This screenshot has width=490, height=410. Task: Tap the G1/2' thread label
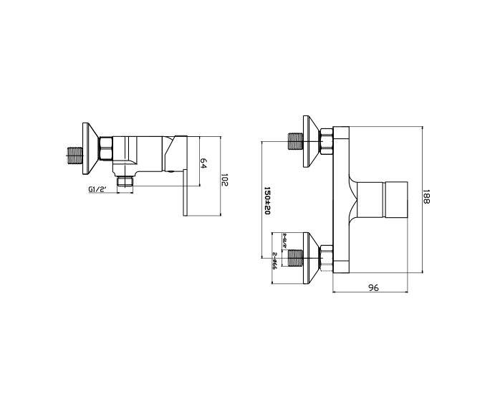pyautogui.click(x=97, y=189)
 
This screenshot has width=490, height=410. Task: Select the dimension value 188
pyautogui.click(x=426, y=197)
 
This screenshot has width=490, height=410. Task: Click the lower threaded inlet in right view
pyautogui.click(x=294, y=256)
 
